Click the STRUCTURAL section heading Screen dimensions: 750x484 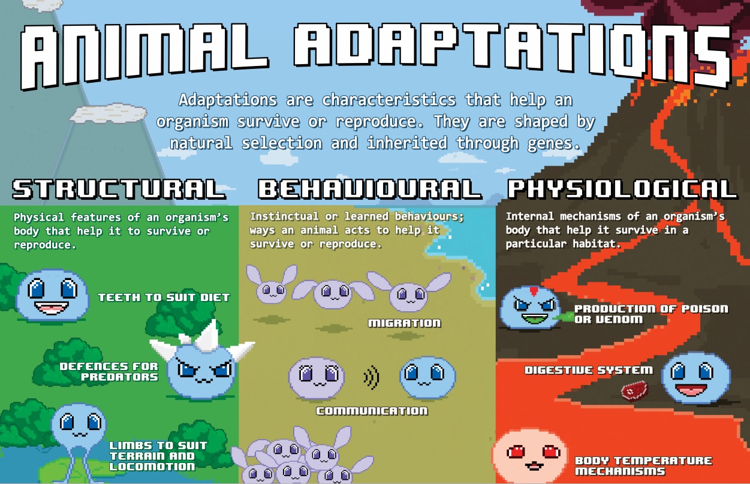click(x=119, y=189)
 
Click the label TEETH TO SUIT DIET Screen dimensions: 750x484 click(x=164, y=297)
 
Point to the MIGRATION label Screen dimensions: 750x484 click(x=405, y=323)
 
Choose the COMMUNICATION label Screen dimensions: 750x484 click(x=372, y=411)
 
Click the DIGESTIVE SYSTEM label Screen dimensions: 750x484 click(x=589, y=370)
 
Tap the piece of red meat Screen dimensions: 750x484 click(x=634, y=390)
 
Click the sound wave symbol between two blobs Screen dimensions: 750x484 click(x=372, y=377)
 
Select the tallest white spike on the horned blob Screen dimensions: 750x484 click(x=208, y=335)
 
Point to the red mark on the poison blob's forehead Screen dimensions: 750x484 click(x=534, y=291)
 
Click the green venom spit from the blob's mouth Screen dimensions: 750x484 click(x=563, y=316)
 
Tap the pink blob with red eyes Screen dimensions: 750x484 click(x=531, y=456)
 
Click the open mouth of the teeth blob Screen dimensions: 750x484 click(x=52, y=308)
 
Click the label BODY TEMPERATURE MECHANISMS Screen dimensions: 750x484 click(x=643, y=465)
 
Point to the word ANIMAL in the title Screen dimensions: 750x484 click(x=144, y=55)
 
